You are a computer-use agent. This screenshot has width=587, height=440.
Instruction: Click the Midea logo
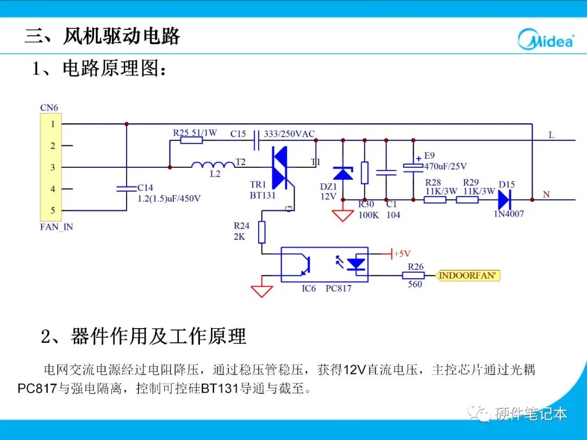point(545,39)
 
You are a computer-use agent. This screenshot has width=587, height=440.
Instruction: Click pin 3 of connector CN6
point(53,167)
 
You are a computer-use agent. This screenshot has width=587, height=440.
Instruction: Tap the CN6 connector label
point(49,108)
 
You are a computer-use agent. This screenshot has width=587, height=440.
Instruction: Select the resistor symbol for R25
point(191,140)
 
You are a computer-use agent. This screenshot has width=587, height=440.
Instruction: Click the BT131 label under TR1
point(263,196)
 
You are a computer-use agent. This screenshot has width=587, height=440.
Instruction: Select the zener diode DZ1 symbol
point(342,173)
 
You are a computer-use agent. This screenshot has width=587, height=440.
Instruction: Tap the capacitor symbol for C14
point(127,188)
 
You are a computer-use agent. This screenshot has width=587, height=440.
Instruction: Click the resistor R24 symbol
point(262,232)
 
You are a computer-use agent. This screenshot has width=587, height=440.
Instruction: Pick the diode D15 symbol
point(505,199)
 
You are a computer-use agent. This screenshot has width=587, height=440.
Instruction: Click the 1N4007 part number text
point(509,214)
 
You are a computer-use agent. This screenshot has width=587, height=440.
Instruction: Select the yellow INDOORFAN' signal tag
point(468,276)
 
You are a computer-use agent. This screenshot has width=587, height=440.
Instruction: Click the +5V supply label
point(402,254)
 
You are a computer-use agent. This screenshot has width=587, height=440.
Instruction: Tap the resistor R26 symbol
point(413,276)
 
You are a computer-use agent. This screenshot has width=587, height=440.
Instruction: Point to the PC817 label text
point(338,288)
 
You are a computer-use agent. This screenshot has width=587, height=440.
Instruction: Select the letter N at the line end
point(546,194)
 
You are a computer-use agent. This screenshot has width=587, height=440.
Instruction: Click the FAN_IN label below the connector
point(57,227)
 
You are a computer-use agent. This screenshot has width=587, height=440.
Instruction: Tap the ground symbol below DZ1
point(342,215)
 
